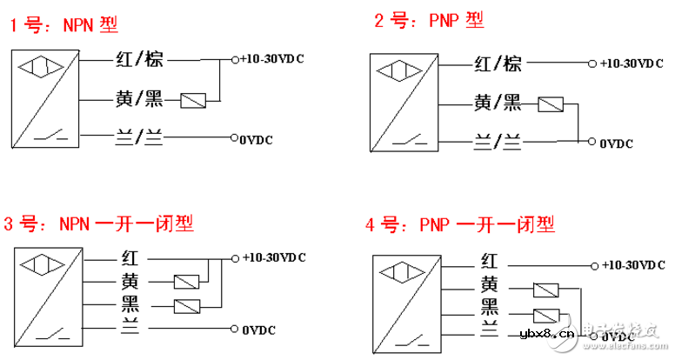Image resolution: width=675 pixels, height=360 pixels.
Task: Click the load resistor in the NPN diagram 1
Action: (x=192, y=101)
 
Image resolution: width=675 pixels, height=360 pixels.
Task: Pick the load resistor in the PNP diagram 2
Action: (x=551, y=106)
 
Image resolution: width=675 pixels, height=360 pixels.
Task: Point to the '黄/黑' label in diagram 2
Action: (x=498, y=103)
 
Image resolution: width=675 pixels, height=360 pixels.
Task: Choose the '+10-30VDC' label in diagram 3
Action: (x=275, y=258)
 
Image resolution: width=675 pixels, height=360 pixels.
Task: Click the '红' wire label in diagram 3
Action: (x=127, y=259)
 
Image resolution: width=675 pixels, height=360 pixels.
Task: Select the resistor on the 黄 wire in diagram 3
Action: (x=188, y=282)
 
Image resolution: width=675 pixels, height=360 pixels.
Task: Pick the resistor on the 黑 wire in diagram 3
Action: (x=188, y=305)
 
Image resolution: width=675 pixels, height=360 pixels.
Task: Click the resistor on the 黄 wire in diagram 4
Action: (x=546, y=290)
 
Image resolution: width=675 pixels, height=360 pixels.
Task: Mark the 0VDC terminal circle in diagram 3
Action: (x=235, y=328)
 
